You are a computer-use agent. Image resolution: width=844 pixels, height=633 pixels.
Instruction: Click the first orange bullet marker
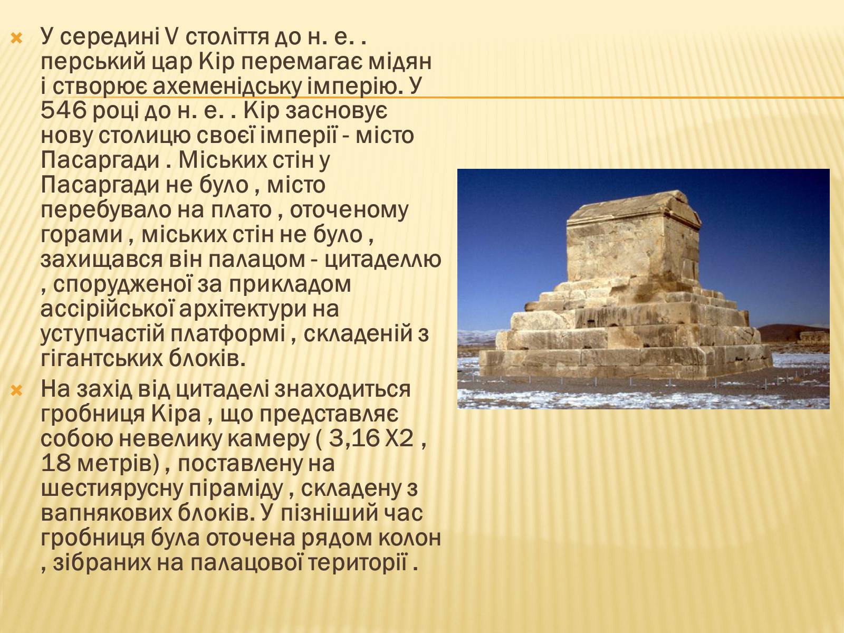(x=17, y=38)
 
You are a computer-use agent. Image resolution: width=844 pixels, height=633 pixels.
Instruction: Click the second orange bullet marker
(x=17, y=391)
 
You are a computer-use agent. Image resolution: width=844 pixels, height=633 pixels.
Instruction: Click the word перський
(x=93, y=63)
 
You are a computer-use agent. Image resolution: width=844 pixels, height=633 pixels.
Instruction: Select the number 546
(x=64, y=111)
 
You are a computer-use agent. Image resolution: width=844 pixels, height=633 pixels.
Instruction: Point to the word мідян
(x=400, y=63)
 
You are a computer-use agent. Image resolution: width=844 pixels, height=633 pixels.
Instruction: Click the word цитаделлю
(x=382, y=260)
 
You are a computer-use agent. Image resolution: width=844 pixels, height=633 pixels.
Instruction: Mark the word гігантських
(x=101, y=359)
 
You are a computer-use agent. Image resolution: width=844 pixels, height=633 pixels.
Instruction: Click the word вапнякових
(x=107, y=513)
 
